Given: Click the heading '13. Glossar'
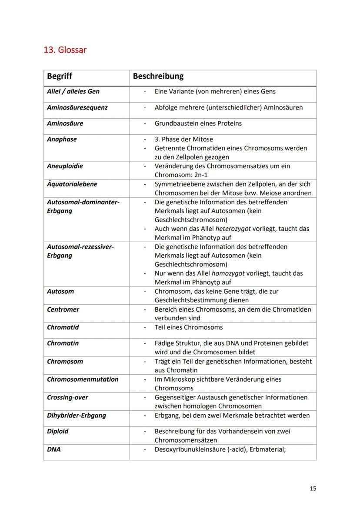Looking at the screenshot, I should [65, 50].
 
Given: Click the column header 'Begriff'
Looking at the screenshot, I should [60, 76].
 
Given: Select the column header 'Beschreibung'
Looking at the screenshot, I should [158, 76].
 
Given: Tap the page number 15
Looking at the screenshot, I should [313, 489].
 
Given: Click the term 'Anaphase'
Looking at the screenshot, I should [62, 139].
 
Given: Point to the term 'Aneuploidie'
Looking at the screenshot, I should [65, 166].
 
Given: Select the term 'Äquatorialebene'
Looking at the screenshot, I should [72, 184].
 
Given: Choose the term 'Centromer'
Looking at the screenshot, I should [63, 309].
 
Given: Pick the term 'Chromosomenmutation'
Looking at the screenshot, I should [83, 379].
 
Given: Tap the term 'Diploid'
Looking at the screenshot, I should [57, 431].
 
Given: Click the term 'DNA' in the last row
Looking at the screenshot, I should [53, 449].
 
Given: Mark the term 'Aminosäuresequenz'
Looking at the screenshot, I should [77, 107].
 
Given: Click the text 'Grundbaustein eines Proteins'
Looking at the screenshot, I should [198, 123].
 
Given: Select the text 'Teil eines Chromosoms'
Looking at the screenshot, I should [188, 327].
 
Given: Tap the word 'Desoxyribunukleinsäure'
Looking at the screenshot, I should [191, 449].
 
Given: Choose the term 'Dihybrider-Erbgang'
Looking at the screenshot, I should [76, 415].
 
